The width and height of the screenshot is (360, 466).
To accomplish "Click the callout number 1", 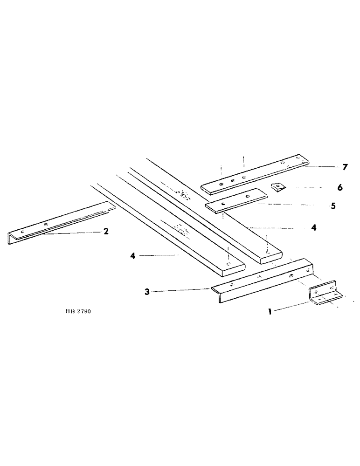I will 270,312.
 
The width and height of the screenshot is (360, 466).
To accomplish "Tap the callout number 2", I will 106,231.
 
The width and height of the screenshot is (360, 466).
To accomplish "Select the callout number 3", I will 147,292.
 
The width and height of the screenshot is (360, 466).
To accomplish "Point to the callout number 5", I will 333,206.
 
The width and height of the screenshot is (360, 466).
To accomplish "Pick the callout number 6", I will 339,187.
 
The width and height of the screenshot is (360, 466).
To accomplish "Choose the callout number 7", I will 345,167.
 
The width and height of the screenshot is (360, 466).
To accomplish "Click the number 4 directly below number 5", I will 314,228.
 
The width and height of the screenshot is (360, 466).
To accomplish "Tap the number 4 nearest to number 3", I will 133,255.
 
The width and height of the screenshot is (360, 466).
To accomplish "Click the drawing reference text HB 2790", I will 79,310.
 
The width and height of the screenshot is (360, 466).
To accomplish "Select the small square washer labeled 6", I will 278,186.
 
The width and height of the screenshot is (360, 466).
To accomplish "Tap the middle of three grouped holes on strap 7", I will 232,179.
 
